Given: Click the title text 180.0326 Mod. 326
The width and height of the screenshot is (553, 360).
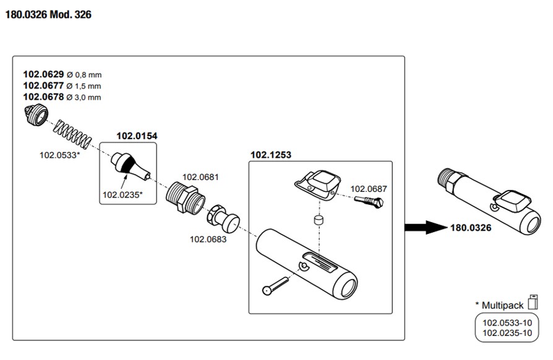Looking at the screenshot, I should [48, 14].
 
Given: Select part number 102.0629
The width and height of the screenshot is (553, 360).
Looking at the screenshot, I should [43, 75].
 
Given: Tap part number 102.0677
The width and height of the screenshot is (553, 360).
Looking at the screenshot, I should [43, 86].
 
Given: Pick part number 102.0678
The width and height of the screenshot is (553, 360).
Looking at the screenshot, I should [43, 97].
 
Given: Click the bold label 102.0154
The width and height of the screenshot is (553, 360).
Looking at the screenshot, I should [136, 135].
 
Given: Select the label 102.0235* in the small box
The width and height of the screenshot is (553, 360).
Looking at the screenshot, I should [122, 195].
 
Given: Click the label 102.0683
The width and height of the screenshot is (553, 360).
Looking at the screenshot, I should [208, 239].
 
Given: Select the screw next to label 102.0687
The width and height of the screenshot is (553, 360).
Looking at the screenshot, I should [370, 202].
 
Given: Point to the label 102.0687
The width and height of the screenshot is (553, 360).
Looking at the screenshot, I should [369, 189].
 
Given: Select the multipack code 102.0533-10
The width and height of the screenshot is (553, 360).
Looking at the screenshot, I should [507, 322].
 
